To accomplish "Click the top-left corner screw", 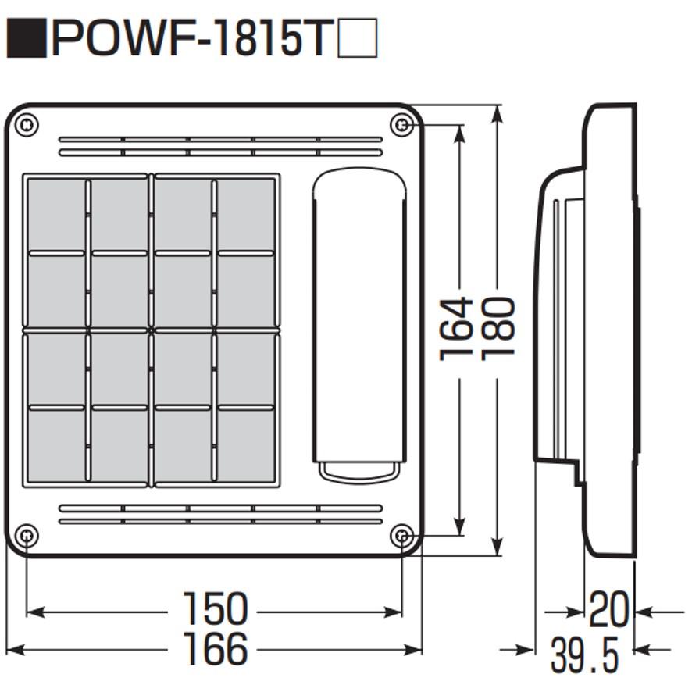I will (27, 123).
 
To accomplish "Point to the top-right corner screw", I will (401, 124).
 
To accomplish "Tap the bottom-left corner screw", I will (27, 536).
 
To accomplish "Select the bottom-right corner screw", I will (402, 536).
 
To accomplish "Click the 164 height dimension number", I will (457, 328).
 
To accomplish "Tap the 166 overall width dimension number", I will (215, 648).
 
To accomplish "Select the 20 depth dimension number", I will (608, 610).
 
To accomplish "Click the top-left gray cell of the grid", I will (56, 214).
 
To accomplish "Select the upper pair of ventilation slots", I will (220, 146).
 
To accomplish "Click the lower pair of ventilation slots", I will (220, 514).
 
